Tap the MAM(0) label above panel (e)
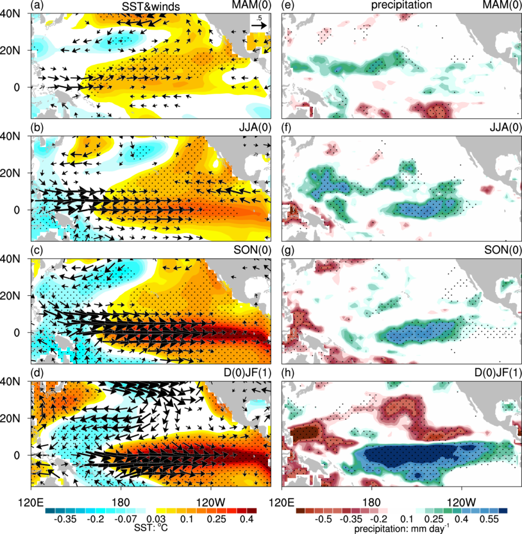click(501, 6)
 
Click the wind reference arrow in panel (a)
click(259, 25)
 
